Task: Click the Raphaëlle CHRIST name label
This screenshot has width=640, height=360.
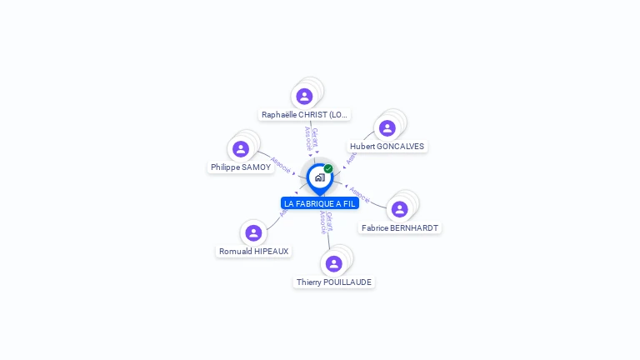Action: pyautogui.click(x=304, y=115)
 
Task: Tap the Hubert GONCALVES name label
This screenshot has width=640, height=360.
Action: pyautogui.click(x=387, y=147)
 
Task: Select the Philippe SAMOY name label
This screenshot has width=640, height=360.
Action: pyautogui.click(x=241, y=167)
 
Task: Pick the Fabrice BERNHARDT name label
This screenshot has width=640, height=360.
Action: pyautogui.click(x=400, y=227)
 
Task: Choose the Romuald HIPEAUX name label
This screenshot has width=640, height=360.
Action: pyautogui.click(x=253, y=251)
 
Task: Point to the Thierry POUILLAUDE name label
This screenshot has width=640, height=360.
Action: pyautogui.click(x=334, y=282)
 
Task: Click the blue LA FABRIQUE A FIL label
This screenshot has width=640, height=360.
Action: pyautogui.click(x=320, y=203)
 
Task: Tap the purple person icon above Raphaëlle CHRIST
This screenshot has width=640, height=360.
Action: pyautogui.click(x=304, y=96)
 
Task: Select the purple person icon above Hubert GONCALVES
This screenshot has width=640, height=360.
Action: pyautogui.click(x=387, y=128)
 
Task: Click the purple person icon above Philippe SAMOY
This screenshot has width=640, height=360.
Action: pyautogui.click(x=241, y=149)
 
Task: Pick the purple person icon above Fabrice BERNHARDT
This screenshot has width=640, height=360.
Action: pyautogui.click(x=400, y=209)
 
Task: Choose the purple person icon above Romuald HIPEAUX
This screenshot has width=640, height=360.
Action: pyautogui.click(x=253, y=232)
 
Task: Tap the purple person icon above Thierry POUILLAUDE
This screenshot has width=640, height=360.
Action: pyautogui.click(x=334, y=263)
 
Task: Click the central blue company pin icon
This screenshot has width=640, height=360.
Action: pyautogui.click(x=319, y=177)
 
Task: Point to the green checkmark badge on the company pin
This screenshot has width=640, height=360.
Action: pyautogui.click(x=328, y=168)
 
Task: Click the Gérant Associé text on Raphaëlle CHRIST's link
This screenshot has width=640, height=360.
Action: pyautogui.click(x=312, y=138)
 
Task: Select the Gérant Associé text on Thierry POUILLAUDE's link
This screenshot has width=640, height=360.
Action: pyautogui.click(x=327, y=222)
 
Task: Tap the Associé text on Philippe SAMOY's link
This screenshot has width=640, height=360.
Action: pyautogui.click(x=281, y=164)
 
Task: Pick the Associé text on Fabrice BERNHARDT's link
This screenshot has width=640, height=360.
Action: pyautogui.click(x=360, y=195)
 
